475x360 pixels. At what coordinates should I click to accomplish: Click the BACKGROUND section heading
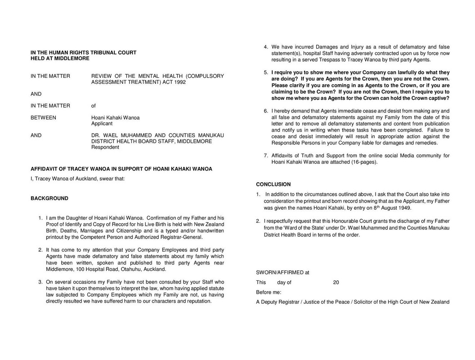[49, 198]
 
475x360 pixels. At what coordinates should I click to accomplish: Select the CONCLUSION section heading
[273, 184]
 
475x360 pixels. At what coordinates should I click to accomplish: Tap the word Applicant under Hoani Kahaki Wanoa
[102, 123]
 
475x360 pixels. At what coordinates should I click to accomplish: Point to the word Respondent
[105, 147]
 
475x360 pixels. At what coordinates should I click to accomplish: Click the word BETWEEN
[43, 118]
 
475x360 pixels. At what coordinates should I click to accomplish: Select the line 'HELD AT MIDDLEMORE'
[60, 58]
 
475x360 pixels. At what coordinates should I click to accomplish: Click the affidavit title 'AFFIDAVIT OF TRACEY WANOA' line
[121, 169]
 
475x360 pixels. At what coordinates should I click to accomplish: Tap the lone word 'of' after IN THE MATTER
[94, 106]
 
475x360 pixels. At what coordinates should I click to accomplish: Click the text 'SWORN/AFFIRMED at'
[282, 272]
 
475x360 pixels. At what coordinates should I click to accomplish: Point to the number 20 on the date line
[336, 283]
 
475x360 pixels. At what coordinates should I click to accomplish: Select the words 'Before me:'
[269, 292]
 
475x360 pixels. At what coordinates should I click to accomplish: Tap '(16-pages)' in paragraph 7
[365, 162]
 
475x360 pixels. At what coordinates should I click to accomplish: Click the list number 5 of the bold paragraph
[266, 72]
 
